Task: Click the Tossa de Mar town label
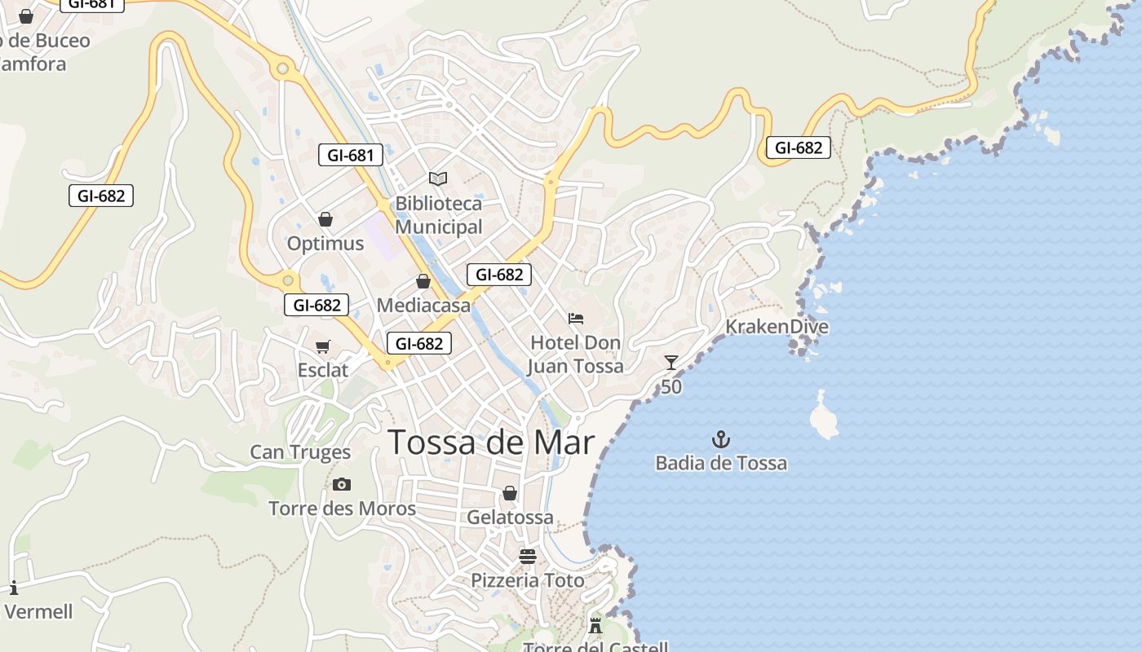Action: (491, 442)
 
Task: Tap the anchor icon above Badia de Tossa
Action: (720, 440)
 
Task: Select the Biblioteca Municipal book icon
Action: (438, 178)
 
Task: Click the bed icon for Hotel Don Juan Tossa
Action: (576, 318)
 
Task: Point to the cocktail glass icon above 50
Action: (671, 363)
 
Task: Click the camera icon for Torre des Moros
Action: (342, 484)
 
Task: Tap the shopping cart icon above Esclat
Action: (323, 347)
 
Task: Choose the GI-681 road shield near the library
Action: (350, 155)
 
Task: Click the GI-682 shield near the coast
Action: (798, 148)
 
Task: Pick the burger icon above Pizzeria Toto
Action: (528, 557)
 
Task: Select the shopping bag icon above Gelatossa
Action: (510, 493)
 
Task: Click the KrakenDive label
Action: (777, 327)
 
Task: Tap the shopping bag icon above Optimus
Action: (325, 219)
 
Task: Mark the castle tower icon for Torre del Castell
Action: (595, 626)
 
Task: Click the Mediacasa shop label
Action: (423, 306)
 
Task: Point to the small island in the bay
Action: (824, 416)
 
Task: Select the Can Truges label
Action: (300, 452)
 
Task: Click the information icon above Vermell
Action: (14, 587)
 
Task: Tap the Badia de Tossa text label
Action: (721, 464)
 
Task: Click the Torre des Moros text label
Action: (342, 509)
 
